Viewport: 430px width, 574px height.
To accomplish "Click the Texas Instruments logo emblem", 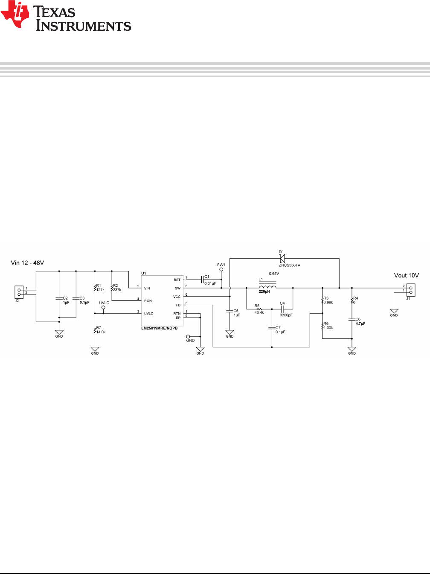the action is pyautogui.click(x=15, y=14).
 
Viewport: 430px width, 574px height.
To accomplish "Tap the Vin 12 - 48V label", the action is pyautogui.click(x=27, y=263).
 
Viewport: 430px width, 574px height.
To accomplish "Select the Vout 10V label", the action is pyautogui.click(x=407, y=275).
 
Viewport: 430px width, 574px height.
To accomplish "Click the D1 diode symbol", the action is pyautogui.click(x=282, y=258).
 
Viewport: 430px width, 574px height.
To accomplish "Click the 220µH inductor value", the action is pyautogui.click(x=264, y=291).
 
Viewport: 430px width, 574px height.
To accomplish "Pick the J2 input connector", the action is pyautogui.click(x=19, y=292).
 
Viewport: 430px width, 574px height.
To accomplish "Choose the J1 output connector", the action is pyautogui.click(x=411, y=290).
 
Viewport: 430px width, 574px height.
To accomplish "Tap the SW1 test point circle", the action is pyautogui.click(x=221, y=270).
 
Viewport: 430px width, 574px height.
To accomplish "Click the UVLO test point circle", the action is pyautogui.click(x=103, y=308).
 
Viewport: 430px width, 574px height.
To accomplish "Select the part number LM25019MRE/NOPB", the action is pyautogui.click(x=160, y=328).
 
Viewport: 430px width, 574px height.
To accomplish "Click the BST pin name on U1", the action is pyautogui.click(x=177, y=280).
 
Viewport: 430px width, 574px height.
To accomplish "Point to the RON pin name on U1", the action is pyautogui.click(x=148, y=301).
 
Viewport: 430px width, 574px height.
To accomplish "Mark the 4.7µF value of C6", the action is pyautogui.click(x=360, y=323).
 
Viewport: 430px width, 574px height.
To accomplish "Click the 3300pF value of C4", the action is pyautogui.click(x=286, y=315).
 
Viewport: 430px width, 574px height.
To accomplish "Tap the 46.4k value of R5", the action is pyautogui.click(x=259, y=312).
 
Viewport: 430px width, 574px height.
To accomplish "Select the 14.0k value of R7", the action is pyautogui.click(x=101, y=332).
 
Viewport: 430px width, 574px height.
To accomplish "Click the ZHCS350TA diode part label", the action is pyautogui.click(x=290, y=265).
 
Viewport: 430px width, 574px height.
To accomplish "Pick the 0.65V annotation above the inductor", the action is pyautogui.click(x=274, y=274).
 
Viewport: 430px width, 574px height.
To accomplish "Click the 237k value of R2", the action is pyautogui.click(x=117, y=290).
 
